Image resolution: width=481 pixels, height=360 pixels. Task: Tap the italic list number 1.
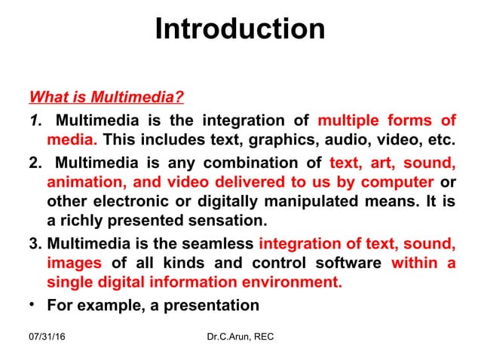click(x=35, y=121)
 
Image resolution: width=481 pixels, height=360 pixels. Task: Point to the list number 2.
click(x=35, y=162)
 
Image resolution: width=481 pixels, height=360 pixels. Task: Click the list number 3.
click(x=35, y=243)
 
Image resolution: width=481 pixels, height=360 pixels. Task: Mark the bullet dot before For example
click(x=33, y=305)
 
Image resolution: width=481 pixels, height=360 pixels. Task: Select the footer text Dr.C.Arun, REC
click(x=240, y=336)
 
